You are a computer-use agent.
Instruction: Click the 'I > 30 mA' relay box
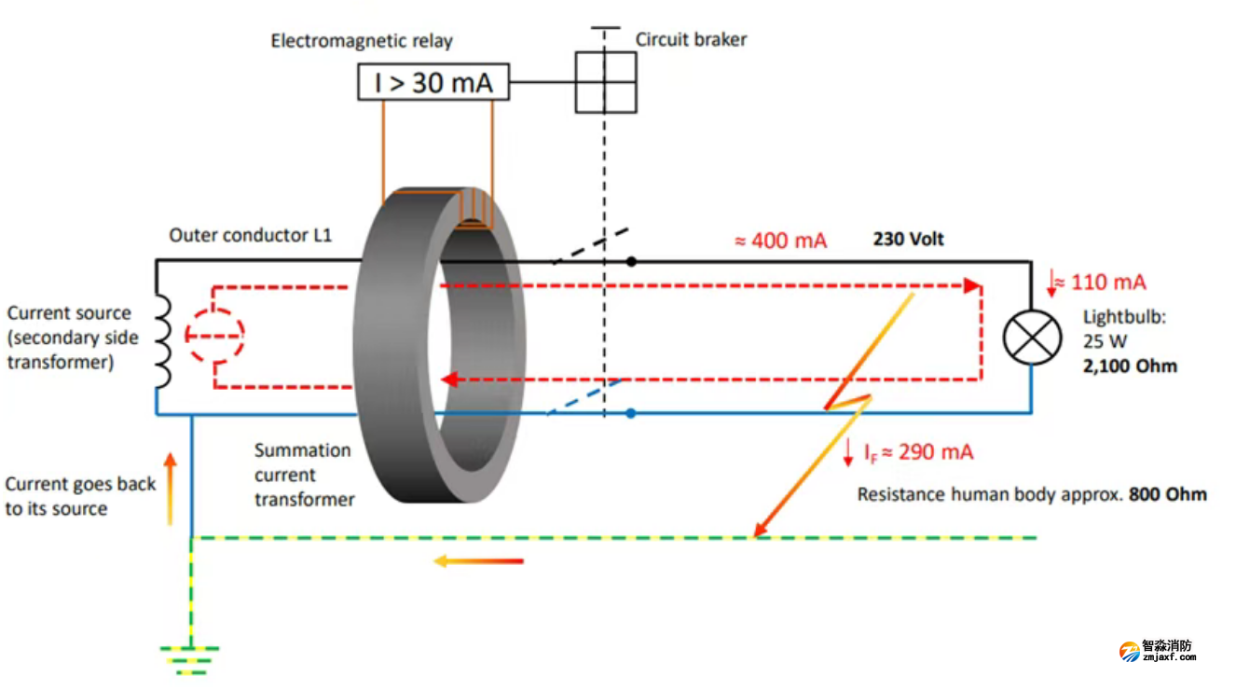[433, 83]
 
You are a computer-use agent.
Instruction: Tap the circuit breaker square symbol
[606, 82]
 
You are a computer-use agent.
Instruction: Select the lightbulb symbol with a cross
[1032, 337]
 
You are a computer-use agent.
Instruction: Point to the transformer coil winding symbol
[162, 339]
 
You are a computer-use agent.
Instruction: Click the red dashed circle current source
[215, 334]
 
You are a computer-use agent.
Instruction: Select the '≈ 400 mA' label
[780, 241]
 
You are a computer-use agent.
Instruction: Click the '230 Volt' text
[908, 240]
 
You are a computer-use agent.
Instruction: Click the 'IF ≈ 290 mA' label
[917, 452]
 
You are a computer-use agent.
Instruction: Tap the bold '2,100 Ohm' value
[1130, 366]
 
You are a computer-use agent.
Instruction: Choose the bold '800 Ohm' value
[1167, 494]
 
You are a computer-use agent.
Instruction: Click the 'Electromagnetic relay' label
[362, 41]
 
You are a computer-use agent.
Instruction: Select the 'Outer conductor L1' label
[250, 235]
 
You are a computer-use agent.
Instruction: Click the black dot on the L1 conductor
[631, 262]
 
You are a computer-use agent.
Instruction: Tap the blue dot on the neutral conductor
[631, 413]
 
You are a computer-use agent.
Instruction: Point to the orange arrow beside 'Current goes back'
[170, 489]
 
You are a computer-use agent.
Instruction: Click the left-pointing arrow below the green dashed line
[478, 561]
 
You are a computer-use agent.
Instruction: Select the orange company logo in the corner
[1130, 651]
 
